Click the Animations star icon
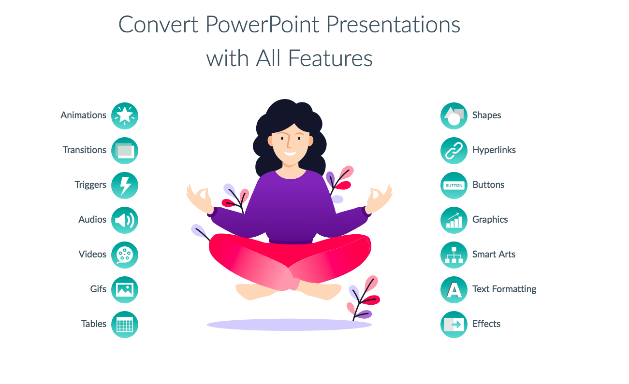coord(125,116)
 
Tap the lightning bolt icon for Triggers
coord(125,185)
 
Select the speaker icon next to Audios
coord(125,220)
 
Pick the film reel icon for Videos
coord(125,255)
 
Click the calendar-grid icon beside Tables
coord(125,325)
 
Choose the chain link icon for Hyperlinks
coord(454,151)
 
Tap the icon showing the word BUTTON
coord(454,185)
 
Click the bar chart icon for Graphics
coord(454,220)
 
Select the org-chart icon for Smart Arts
coord(454,255)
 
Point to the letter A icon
coord(454,290)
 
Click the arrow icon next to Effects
coord(454,325)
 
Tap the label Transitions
coord(85,150)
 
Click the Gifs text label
coord(98,289)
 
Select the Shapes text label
coord(487,115)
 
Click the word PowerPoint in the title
coord(262,25)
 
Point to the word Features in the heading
coord(330,58)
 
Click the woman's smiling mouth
coord(290,154)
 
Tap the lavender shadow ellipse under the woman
coord(289,325)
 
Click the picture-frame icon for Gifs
coord(125,290)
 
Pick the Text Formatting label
coord(504,289)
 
